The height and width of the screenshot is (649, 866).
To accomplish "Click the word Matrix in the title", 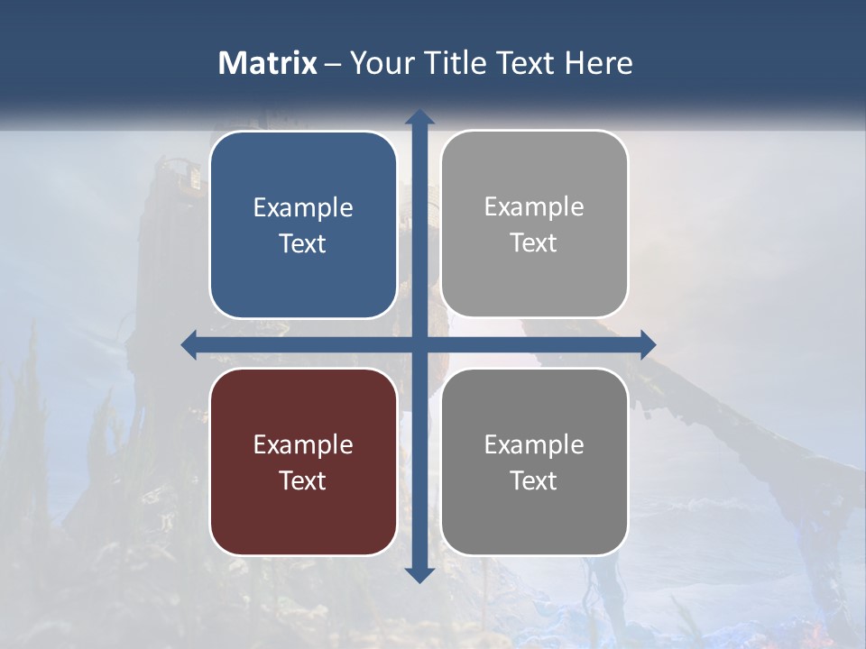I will [267, 63].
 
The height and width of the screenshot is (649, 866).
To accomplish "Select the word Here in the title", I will [598, 63].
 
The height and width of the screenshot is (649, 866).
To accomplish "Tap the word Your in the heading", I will [378, 63].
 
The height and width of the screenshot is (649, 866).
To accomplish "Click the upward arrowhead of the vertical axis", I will [419, 117].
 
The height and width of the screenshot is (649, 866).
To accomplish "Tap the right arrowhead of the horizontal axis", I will [647, 344].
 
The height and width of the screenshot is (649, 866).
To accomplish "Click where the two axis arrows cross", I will [419, 344].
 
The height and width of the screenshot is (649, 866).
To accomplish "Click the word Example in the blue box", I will [303, 208].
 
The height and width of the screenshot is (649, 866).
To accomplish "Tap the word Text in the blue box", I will [303, 244].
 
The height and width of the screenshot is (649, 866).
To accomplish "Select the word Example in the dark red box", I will [303, 445].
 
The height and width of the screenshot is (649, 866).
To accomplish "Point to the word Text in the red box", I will [303, 481].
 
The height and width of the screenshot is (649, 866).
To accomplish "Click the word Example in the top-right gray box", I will [534, 207].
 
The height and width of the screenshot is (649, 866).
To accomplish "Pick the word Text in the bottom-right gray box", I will [534, 481].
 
